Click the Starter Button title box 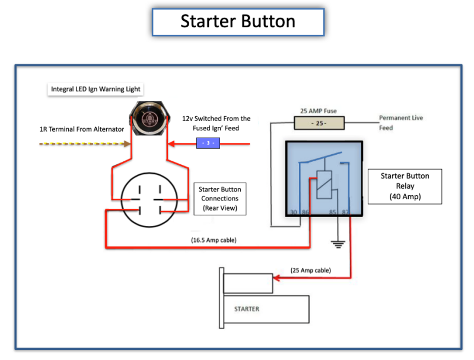pos(238,22)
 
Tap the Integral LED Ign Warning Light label pos(96,89)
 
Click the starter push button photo pos(149,118)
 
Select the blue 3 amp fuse pos(208,143)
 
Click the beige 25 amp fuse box pos(319,123)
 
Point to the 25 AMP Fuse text pos(319,111)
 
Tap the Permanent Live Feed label pos(401,123)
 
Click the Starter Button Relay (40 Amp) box pos(405,186)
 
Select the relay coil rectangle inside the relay pos(324,184)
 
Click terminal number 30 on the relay pos(293,212)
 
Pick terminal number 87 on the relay pos(345,212)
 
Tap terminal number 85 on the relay pos(333,212)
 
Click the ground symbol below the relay pos(338,244)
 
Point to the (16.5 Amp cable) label pos(214,240)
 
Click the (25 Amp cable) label pos(311,270)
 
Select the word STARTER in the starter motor pos(247,309)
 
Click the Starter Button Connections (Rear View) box pos(219,199)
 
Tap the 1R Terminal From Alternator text pos(82,129)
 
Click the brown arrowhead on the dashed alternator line pos(128,144)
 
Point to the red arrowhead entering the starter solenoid pos(276,278)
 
